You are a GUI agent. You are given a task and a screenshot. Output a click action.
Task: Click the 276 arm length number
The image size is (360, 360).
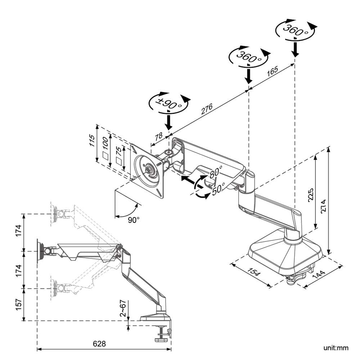click(207, 109)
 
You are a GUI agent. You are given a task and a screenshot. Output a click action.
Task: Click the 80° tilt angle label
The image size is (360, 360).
click(216, 171)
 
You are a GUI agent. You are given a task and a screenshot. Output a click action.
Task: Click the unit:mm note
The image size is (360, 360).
click(336, 348)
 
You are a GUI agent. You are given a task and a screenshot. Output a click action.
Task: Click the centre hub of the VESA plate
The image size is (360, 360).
click(148, 169)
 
